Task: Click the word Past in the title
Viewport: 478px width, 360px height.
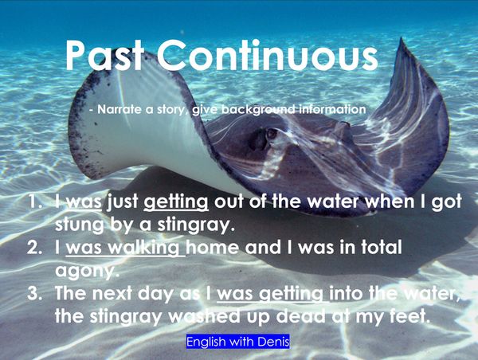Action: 104,55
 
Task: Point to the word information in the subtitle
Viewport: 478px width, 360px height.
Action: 332,109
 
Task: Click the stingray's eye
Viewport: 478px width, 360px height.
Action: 272,134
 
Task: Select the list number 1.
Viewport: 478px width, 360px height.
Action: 36,202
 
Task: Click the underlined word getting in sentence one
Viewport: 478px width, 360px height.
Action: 176,202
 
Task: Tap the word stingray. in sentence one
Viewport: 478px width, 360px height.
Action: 196,225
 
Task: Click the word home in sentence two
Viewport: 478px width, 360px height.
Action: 213,247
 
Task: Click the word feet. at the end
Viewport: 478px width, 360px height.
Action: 409,316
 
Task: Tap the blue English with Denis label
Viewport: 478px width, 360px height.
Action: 237,342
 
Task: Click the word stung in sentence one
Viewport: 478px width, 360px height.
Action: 79,225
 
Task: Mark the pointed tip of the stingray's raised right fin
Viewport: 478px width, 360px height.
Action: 401,38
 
